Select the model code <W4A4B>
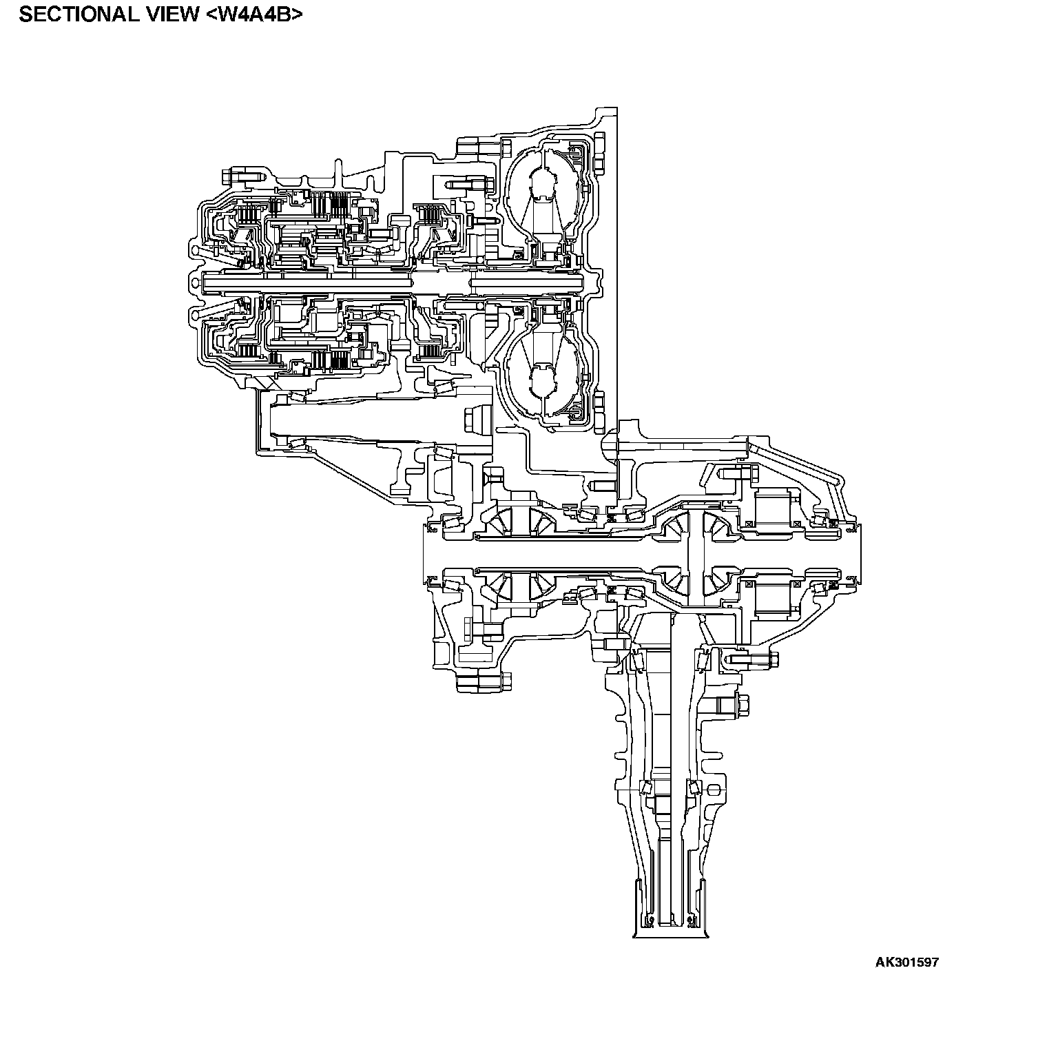pos(254,15)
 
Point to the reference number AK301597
pos(907,962)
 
